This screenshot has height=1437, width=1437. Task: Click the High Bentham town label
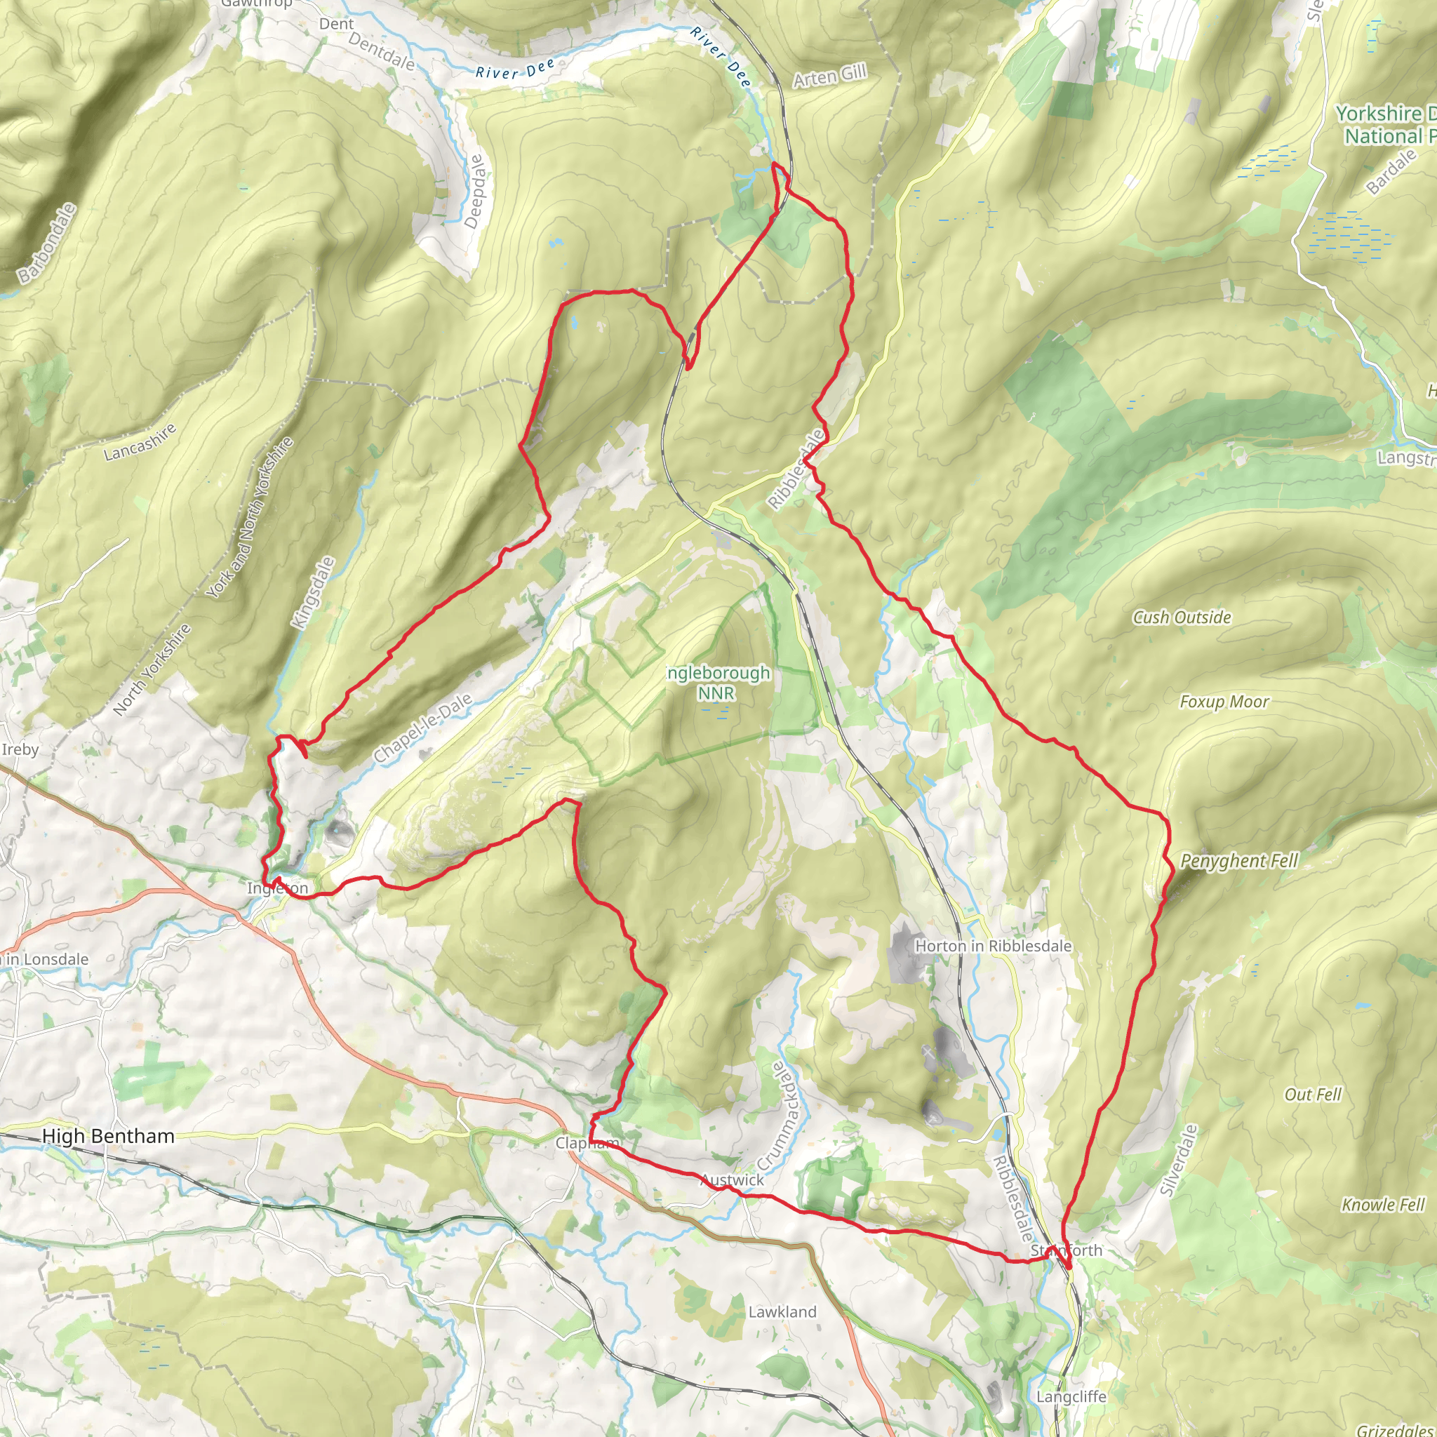click(x=109, y=1136)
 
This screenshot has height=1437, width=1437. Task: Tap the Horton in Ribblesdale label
click(x=993, y=945)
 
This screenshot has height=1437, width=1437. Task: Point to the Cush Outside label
click(x=1182, y=617)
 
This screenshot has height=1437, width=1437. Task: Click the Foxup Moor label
click(x=1224, y=702)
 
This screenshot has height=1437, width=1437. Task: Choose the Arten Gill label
click(x=829, y=75)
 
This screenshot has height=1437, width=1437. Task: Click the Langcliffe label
click(x=1071, y=1397)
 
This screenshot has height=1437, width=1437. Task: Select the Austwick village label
click(x=732, y=1179)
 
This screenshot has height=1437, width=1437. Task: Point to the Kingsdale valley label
click(x=313, y=594)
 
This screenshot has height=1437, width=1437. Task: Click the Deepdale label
click(x=474, y=191)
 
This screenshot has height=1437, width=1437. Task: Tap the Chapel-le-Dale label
click(x=422, y=728)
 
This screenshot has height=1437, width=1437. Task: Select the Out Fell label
click(x=1313, y=1094)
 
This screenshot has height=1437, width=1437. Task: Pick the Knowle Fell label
click(x=1383, y=1204)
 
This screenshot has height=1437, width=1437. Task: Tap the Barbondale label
click(x=48, y=243)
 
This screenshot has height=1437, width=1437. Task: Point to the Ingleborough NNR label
click(x=717, y=683)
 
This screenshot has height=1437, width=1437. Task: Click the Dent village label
click(x=336, y=24)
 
